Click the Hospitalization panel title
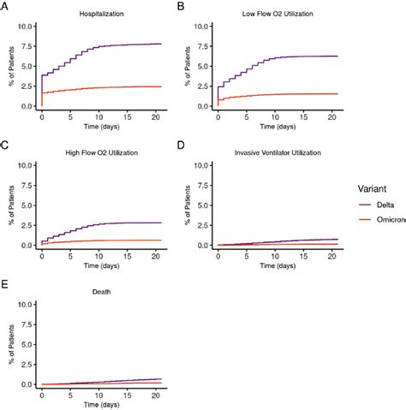99,15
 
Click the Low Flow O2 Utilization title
276,15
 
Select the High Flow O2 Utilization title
99,153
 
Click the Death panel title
99,293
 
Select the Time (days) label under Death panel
99,405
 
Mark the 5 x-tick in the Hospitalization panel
69,116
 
